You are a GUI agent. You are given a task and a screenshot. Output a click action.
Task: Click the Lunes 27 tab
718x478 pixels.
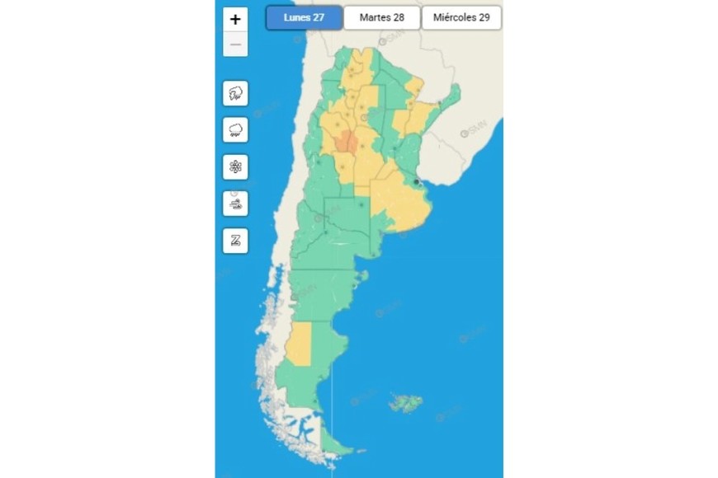(303, 17)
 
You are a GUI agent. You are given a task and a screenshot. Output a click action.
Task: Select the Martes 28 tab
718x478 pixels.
(381, 17)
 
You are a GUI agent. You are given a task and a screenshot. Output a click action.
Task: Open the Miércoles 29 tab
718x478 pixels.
(461, 17)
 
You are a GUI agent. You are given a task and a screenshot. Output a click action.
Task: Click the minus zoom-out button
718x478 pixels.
(235, 45)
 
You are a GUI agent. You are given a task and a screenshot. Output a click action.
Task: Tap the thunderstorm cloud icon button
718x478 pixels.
(235, 93)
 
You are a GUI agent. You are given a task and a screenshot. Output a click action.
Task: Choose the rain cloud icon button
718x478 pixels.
(235, 129)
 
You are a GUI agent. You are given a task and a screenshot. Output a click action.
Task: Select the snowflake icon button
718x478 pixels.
(235, 166)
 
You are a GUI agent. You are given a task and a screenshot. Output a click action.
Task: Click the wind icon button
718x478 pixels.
(235, 204)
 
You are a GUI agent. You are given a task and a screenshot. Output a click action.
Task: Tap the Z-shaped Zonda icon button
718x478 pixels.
(235, 241)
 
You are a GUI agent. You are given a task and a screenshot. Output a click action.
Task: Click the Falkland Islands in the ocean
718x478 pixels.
(404, 404)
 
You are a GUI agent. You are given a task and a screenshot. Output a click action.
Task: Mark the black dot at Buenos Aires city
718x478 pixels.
(417, 182)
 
